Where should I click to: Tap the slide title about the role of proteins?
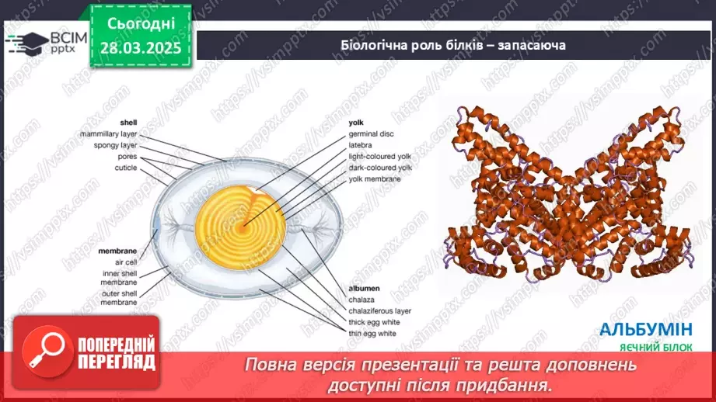452,44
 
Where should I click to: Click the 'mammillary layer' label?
109,133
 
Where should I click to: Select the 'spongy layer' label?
115,144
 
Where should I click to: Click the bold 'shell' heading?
128,123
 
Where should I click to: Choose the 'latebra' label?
361,144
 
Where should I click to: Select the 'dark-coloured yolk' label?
380,167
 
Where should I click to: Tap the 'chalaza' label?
361,299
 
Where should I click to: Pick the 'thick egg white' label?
372,321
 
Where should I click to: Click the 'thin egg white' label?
372,333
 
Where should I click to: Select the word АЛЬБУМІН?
646,329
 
